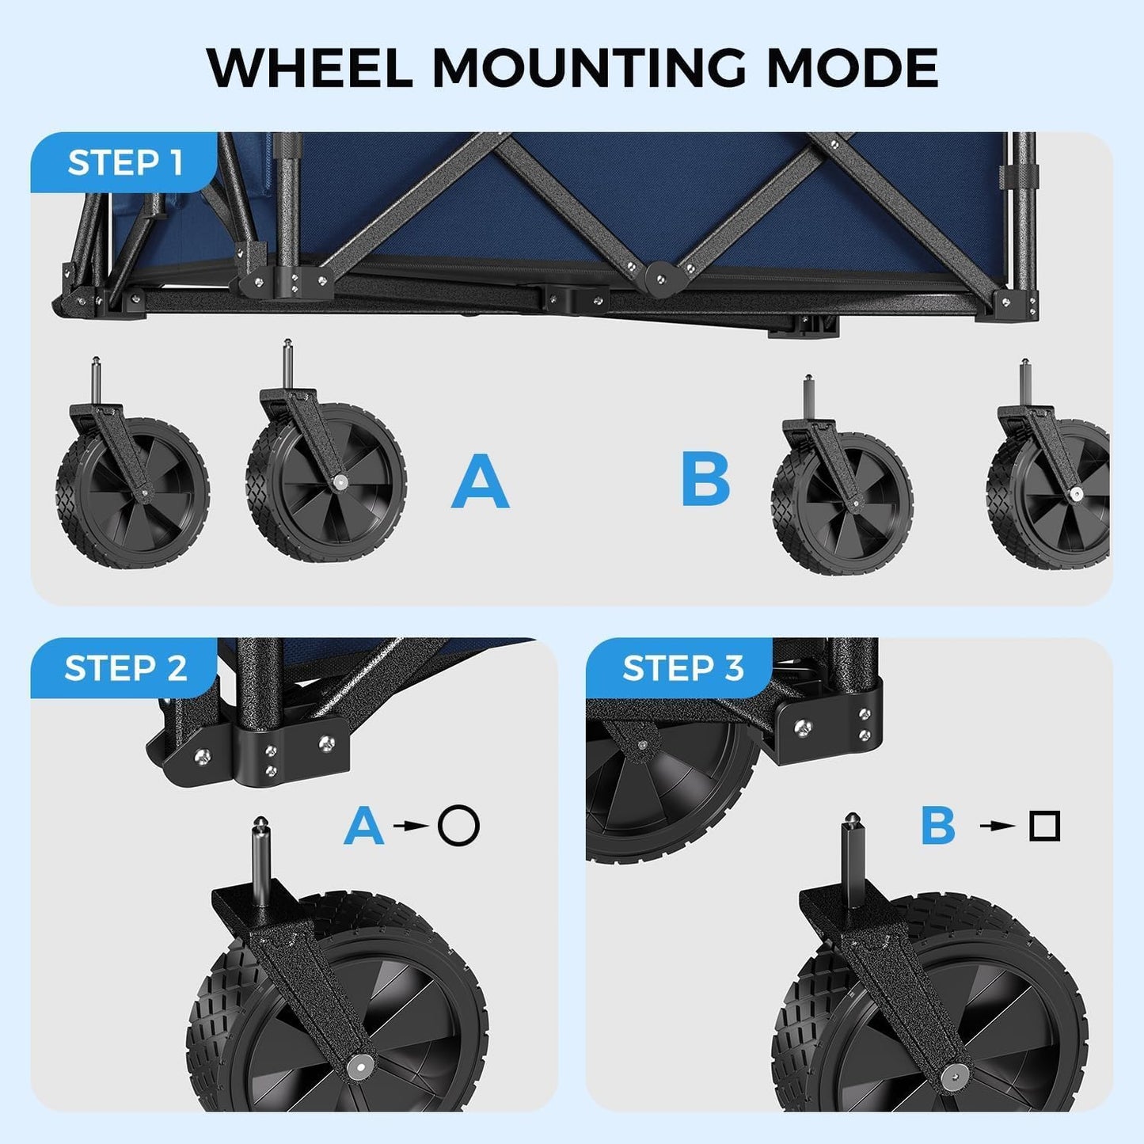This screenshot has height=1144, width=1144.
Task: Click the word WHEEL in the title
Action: click(309, 68)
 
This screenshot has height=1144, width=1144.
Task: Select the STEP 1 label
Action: click(125, 163)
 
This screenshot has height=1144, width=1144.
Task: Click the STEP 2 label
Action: click(125, 668)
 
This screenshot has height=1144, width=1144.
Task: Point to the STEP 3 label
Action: click(682, 668)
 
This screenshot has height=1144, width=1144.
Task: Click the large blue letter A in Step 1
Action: click(480, 481)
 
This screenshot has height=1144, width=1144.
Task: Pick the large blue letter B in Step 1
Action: click(705, 480)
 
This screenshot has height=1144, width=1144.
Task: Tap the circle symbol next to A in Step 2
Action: click(459, 826)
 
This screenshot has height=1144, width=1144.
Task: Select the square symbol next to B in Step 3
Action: click(1044, 826)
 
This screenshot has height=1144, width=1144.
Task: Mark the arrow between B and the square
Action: click(998, 826)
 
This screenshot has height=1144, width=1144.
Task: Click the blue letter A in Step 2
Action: click(363, 826)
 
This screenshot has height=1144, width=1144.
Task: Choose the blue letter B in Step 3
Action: click(938, 826)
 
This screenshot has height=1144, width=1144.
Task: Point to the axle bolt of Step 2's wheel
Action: click(360, 1066)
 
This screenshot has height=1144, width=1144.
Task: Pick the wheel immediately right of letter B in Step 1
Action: click(842, 502)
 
